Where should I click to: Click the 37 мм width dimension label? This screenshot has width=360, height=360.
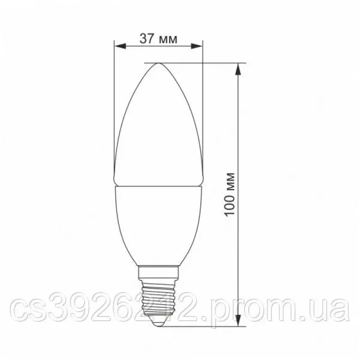(158, 39)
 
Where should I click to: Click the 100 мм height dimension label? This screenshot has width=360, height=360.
(229, 194)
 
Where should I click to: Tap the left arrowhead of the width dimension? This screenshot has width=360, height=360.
(120, 46)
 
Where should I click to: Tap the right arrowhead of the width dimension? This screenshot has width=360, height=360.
(197, 46)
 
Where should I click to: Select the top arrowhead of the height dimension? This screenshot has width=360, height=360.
(238, 69)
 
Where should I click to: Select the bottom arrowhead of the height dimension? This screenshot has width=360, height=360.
(238, 320)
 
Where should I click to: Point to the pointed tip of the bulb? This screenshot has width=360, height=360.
(158, 63)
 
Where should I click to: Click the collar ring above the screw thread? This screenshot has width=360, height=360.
(158, 273)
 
